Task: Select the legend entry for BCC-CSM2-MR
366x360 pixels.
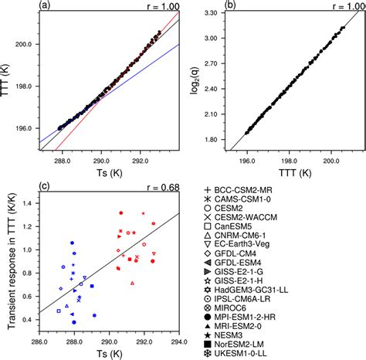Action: click(x=253, y=192)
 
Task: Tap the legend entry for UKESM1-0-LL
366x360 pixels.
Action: click(x=256, y=354)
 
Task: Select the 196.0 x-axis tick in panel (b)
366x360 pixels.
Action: click(x=246, y=161)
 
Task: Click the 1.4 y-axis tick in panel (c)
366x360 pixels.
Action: click(x=28, y=204)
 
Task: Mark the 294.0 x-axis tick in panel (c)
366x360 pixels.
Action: click(x=180, y=341)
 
